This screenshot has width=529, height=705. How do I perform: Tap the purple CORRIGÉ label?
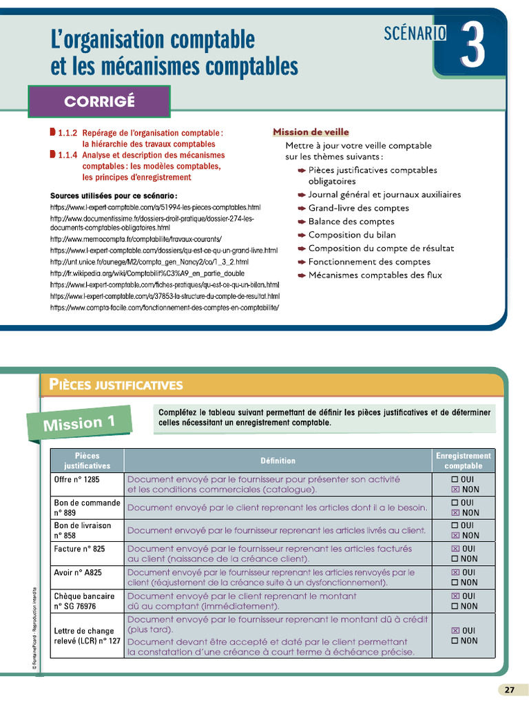[99, 102]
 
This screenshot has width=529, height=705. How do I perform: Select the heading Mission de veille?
[311, 132]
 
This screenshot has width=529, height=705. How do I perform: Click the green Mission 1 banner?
[79, 423]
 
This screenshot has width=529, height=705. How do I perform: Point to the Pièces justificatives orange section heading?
[116, 385]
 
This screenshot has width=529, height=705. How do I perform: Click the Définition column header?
[278, 461]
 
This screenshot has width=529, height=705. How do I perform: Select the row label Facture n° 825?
[80, 549]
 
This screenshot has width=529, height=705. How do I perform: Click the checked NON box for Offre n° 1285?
[455, 490]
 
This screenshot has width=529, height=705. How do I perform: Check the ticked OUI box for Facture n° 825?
[455, 549]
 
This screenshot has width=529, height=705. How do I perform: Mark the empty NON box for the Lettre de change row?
[455, 641]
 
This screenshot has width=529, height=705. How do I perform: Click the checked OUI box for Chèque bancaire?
[455, 596]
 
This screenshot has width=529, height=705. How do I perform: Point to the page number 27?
[509, 690]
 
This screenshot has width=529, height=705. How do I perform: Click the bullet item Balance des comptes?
[351, 222]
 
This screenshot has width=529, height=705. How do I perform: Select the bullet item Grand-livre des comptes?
[358, 208]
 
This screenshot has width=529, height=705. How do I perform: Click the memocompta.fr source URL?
[136, 239]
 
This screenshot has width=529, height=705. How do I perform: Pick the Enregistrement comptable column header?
[464, 461]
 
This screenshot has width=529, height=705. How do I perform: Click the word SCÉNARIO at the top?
[415, 32]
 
